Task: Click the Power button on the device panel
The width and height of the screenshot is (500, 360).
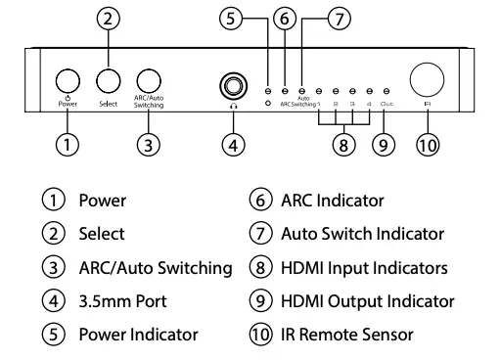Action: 67,81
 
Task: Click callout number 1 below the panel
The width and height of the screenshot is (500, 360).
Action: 67,145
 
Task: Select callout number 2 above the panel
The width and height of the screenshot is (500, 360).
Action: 108,17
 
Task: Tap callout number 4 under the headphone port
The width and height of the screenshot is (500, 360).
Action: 233,145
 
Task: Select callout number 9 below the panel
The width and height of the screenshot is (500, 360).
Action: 386,145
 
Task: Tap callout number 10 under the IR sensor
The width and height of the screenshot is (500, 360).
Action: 427,145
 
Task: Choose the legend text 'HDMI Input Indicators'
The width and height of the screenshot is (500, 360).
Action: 364,267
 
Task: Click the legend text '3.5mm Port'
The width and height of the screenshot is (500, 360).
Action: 118,301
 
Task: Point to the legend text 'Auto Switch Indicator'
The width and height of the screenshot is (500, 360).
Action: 362,234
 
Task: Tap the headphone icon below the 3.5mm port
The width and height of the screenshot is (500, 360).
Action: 233,106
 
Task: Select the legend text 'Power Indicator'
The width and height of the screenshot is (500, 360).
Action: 138,335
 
